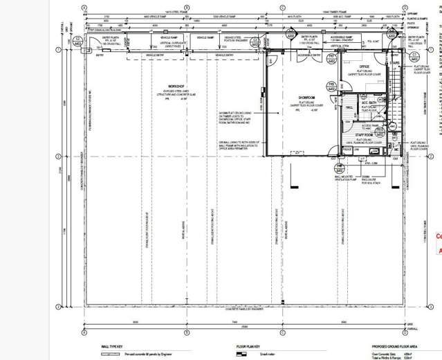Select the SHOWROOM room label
pyautogui.click(x=308, y=98)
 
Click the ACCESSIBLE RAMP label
pyautogui.click(x=344, y=37)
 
